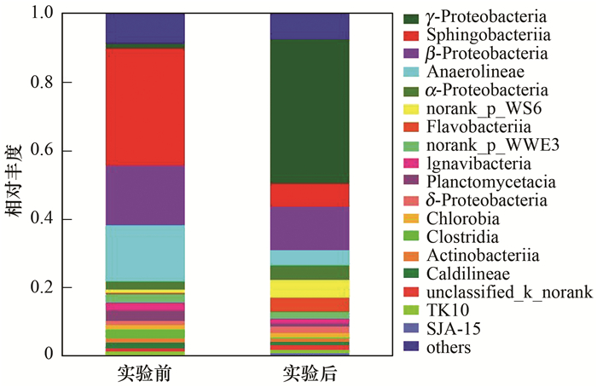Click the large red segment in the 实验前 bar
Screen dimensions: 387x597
tap(145, 107)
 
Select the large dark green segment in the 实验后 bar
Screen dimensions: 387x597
tap(309, 111)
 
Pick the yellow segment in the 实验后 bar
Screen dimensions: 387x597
tap(309, 288)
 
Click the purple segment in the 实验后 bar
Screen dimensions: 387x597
tap(309, 228)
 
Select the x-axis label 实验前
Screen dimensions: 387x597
tap(145, 373)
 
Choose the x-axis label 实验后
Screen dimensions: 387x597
tap(309, 373)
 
